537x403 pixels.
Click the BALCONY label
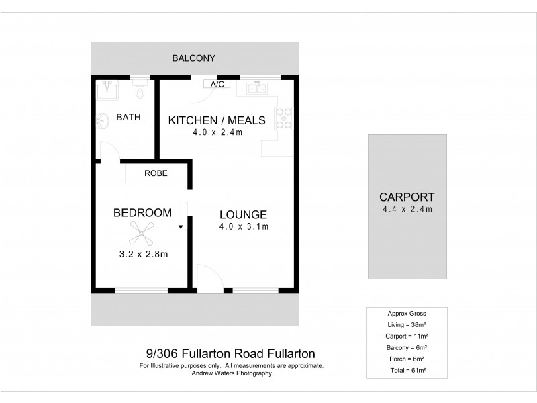coord(193,58)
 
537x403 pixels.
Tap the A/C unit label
coord(217,85)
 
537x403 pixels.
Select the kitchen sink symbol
coord(258,87)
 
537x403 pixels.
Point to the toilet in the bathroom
coord(140,89)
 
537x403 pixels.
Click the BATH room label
coord(128,117)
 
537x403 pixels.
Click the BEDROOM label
coord(142,213)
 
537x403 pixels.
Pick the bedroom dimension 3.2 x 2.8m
coord(143,254)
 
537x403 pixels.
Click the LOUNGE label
coord(243,215)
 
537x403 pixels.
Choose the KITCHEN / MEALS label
coord(217,120)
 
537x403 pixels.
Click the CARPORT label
coord(407,197)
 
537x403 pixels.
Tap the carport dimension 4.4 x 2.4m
coord(407,209)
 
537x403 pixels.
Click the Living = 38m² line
coord(407,324)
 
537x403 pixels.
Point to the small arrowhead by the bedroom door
coord(181,228)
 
